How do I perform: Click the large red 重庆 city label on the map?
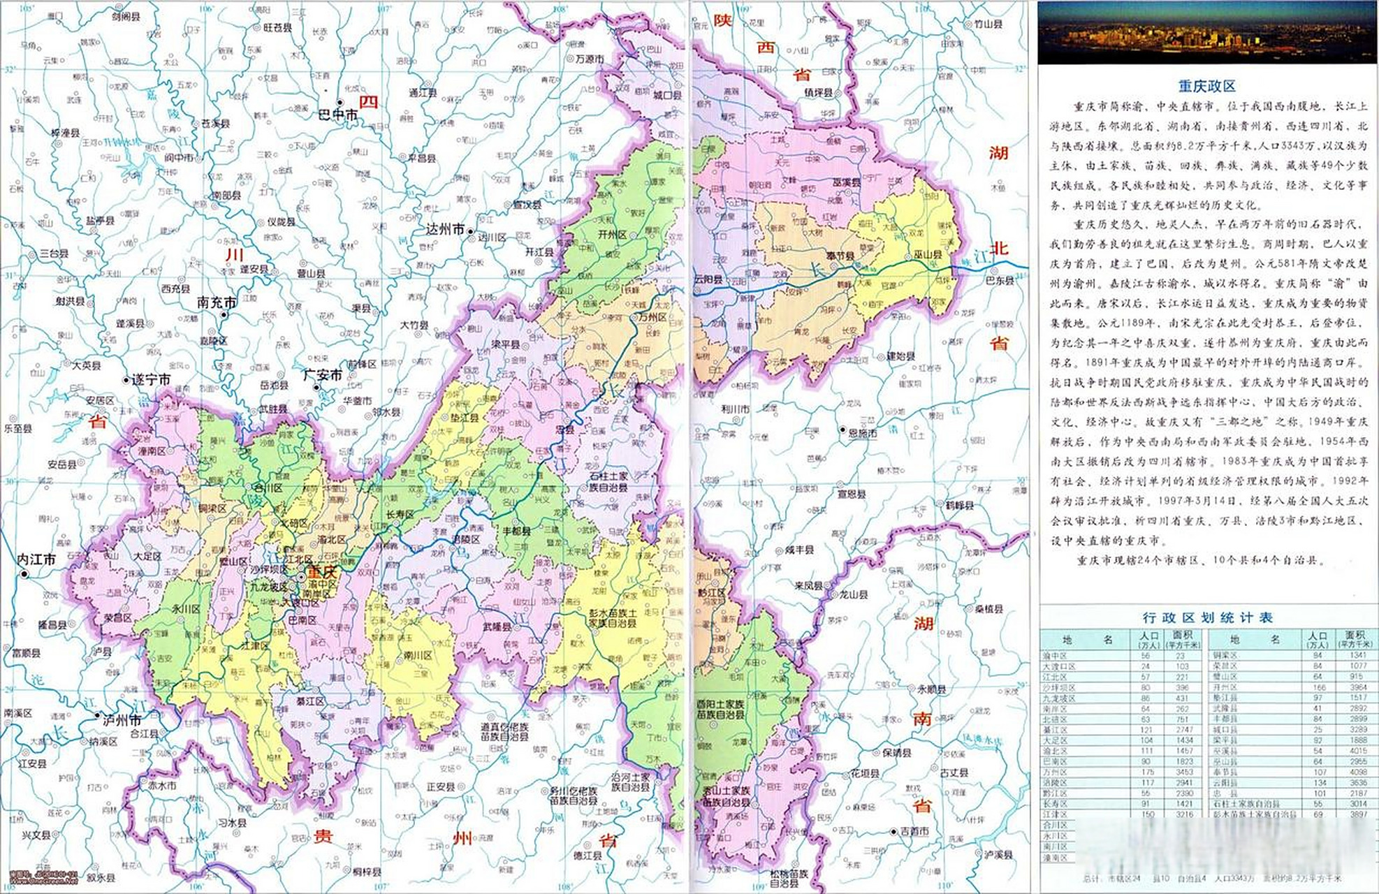pyautogui.click(x=323, y=571)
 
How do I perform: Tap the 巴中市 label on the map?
pyautogui.click(x=337, y=114)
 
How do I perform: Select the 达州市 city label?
pyautogui.click(x=445, y=229)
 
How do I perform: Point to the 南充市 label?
pyautogui.click(x=217, y=302)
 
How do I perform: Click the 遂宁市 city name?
pyautogui.click(x=151, y=379)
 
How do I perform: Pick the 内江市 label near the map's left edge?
pyautogui.click(x=36, y=559)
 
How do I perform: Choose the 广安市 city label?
pyautogui.click(x=322, y=375)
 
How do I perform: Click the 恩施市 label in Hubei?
pyautogui.click(x=863, y=434)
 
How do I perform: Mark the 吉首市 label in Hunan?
pyautogui.click(x=914, y=831)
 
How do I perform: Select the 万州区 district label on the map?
pyautogui.click(x=652, y=316)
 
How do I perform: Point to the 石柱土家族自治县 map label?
pyautogui.click(x=608, y=481)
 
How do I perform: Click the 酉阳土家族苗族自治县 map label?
pyautogui.click(x=720, y=710)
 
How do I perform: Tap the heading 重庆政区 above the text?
pyautogui.click(x=1206, y=86)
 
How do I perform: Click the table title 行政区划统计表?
pyautogui.click(x=1206, y=617)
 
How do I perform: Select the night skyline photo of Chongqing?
pyautogui.click(x=1206, y=32)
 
